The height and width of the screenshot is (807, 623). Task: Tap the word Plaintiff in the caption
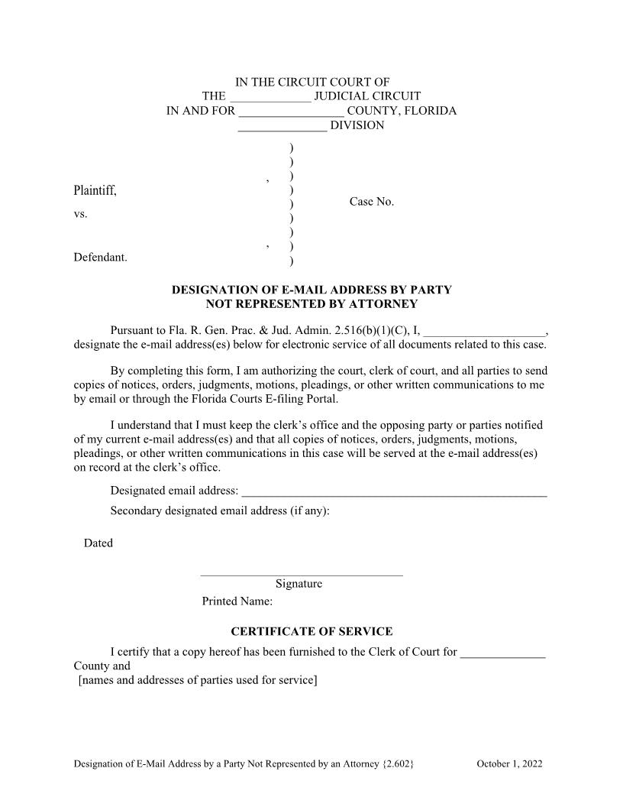pos(95,190)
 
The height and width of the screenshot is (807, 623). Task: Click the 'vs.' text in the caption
pos(80,214)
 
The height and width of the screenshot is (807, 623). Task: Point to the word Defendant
pos(100,258)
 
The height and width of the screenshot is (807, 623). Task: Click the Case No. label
pos(372,202)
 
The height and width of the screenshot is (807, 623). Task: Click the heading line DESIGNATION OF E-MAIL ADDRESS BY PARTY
pos(311,290)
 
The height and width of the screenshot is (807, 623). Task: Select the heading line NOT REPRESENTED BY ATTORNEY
pos(311,303)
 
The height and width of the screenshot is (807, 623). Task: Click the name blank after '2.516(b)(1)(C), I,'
pos(485,332)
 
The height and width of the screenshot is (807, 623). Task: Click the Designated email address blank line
pos(394,492)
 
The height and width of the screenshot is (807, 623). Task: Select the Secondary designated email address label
pos(220,510)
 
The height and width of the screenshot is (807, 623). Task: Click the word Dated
pos(98,543)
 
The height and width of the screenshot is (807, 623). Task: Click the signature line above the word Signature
pos(301,574)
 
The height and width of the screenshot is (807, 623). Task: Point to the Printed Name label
pos(237,601)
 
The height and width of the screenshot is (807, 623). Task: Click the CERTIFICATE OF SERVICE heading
pos(311,631)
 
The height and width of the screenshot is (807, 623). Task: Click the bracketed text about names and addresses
pos(198,680)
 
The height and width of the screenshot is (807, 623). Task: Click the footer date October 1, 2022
pos(509,763)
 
